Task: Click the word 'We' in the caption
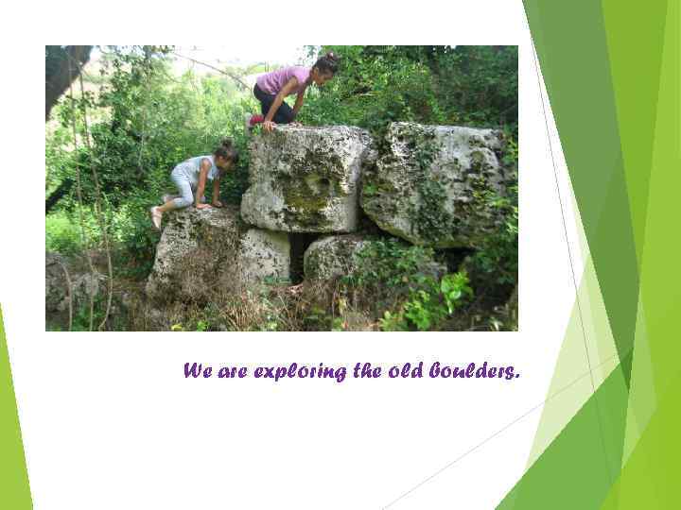(x=197, y=371)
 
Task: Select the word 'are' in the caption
(x=232, y=371)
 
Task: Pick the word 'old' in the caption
(x=405, y=371)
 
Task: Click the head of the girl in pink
(x=325, y=66)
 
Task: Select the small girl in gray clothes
(x=194, y=178)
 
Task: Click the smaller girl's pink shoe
(x=156, y=217)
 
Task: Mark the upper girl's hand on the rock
(x=270, y=125)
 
